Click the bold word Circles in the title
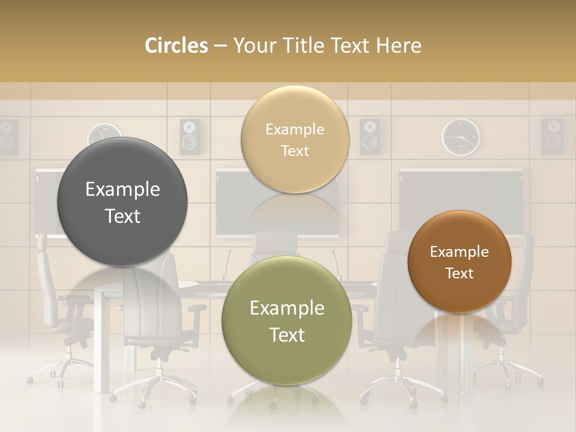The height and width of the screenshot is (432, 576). tap(176, 46)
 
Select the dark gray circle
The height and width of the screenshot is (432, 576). tap(122, 202)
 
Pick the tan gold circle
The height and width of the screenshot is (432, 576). tap(295, 140)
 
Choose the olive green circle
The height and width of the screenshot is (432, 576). tap(287, 321)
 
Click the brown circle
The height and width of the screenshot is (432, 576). tap(460, 262)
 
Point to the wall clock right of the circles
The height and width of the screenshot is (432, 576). tap(461, 137)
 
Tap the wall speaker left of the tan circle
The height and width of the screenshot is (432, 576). tap(190, 136)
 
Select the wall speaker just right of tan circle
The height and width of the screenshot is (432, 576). tap(370, 136)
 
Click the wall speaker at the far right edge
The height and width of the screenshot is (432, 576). tap(552, 136)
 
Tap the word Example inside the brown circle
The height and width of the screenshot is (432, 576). tap(460, 252)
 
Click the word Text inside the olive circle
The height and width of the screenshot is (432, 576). tap(287, 335)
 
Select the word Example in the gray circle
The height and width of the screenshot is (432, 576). tap(122, 190)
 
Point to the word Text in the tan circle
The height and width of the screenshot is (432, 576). tap(295, 151)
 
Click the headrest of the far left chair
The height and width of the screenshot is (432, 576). tap(41, 243)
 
